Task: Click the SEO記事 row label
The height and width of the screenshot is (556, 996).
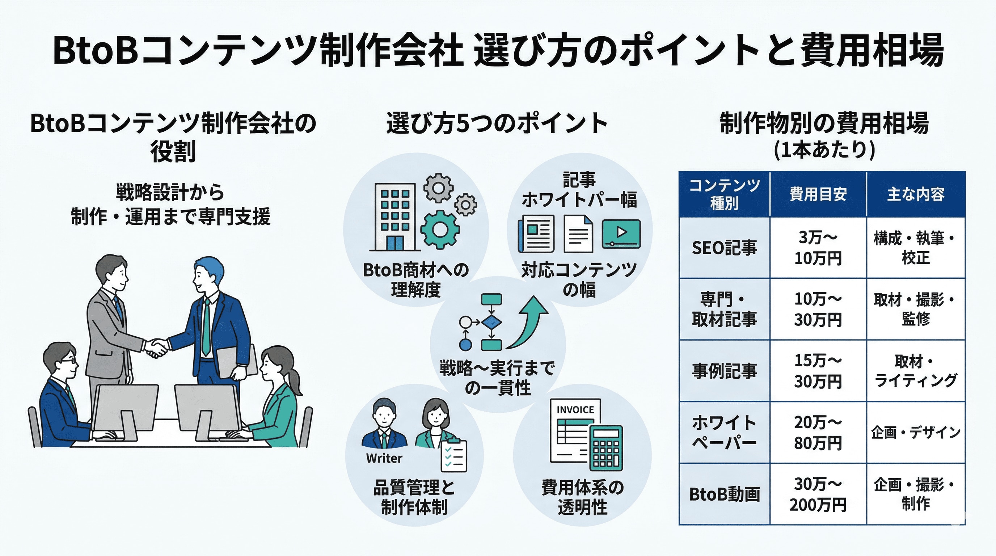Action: coord(724,248)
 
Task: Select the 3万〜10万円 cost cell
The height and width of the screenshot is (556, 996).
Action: coord(818,248)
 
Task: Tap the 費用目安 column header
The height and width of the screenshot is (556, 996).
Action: coord(818,194)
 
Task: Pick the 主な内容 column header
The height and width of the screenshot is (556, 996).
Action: coord(916,194)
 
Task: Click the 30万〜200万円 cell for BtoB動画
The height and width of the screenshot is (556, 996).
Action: coord(818,494)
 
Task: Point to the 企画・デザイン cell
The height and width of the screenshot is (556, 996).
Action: coord(916,432)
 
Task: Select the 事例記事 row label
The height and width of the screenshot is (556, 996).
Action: coord(724,371)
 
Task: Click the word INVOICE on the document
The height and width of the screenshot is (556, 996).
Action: coord(575,410)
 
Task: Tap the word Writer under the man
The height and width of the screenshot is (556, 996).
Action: coord(384,458)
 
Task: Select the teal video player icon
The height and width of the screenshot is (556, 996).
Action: coord(621,233)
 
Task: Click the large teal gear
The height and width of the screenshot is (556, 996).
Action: coord(440,229)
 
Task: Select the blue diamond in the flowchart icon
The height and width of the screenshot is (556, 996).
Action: coord(491,322)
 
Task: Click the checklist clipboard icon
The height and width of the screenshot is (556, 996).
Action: coord(454,455)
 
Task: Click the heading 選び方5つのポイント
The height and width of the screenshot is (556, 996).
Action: coord(497,124)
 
